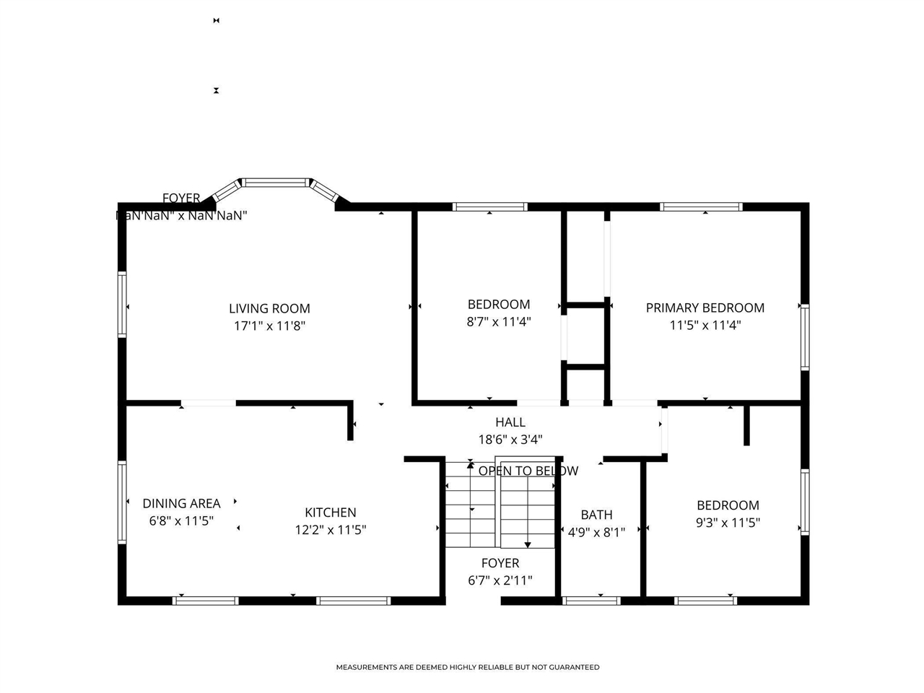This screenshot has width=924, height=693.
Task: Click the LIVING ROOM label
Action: pyautogui.click(x=269, y=308)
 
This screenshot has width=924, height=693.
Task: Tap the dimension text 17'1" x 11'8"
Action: pyautogui.click(x=269, y=326)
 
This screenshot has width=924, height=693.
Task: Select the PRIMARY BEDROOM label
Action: pyautogui.click(x=705, y=308)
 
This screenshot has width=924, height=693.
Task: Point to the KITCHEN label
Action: pyautogui.click(x=331, y=513)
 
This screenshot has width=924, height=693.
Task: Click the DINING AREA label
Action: pyautogui.click(x=181, y=503)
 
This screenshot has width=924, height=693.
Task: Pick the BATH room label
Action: pyautogui.click(x=596, y=515)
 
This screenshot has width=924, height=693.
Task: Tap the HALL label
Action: pyautogui.click(x=510, y=422)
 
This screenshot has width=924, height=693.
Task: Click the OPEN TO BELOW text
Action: pyautogui.click(x=528, y=471)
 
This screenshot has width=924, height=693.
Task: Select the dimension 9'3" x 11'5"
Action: pyautogui.click(x=728, y=523)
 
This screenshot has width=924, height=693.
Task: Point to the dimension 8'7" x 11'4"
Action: pyautogui.click(x=498, y=322)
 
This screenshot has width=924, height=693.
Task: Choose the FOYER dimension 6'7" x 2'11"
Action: pyautogui.click(x=500, y=580)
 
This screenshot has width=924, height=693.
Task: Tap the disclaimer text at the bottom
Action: pyautogui.click(x=467, y=667)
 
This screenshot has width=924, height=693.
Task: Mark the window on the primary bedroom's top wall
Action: pyautogui.click(x=701, y=207)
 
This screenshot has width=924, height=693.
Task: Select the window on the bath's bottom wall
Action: pyautogui.click(x=591, y=600)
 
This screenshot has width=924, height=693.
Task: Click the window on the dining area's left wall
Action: pyautogui.click(x=122, y=502)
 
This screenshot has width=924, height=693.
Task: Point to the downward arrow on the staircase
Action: pyautogui.click(x=528, y=544)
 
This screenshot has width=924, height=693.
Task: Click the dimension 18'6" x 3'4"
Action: pyautogui.click(x=510, y=440)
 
